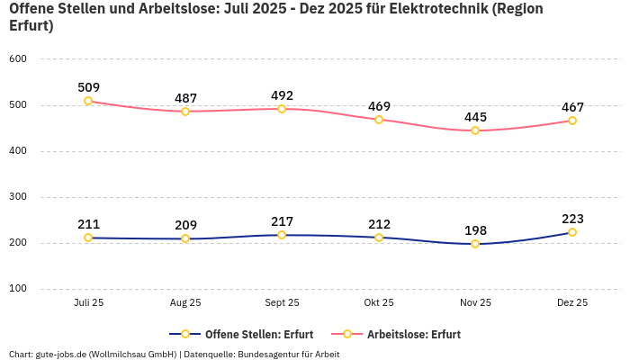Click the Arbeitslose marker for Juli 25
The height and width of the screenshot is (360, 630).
pos(88,101)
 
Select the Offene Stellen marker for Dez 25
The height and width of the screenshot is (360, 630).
pos(572,232)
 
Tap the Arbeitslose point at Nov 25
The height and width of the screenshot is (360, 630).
pos(475,130)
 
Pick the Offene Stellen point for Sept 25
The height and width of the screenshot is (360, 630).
pos(282,235)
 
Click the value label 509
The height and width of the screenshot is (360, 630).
pos(88,87)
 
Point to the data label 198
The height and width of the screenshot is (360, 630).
pos(475,230)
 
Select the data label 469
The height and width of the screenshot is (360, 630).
pos(379,106)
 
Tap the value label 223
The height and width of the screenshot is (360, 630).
pos(572,219)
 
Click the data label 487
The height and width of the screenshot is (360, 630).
pos(185,98)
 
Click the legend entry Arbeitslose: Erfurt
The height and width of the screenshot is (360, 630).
pos(413,334)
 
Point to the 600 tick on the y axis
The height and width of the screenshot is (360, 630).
pos(18,59)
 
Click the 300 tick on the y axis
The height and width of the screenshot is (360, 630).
pos(18,197)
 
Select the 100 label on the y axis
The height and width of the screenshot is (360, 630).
pos(18,289)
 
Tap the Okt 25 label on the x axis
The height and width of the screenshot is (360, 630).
pos(379,303)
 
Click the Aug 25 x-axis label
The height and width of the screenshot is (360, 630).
pos(185,303)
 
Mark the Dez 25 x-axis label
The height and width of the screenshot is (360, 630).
pos(572,303)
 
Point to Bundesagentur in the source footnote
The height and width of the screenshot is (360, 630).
pos(267,354)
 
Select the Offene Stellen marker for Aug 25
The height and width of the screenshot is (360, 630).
pos(185,238)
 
